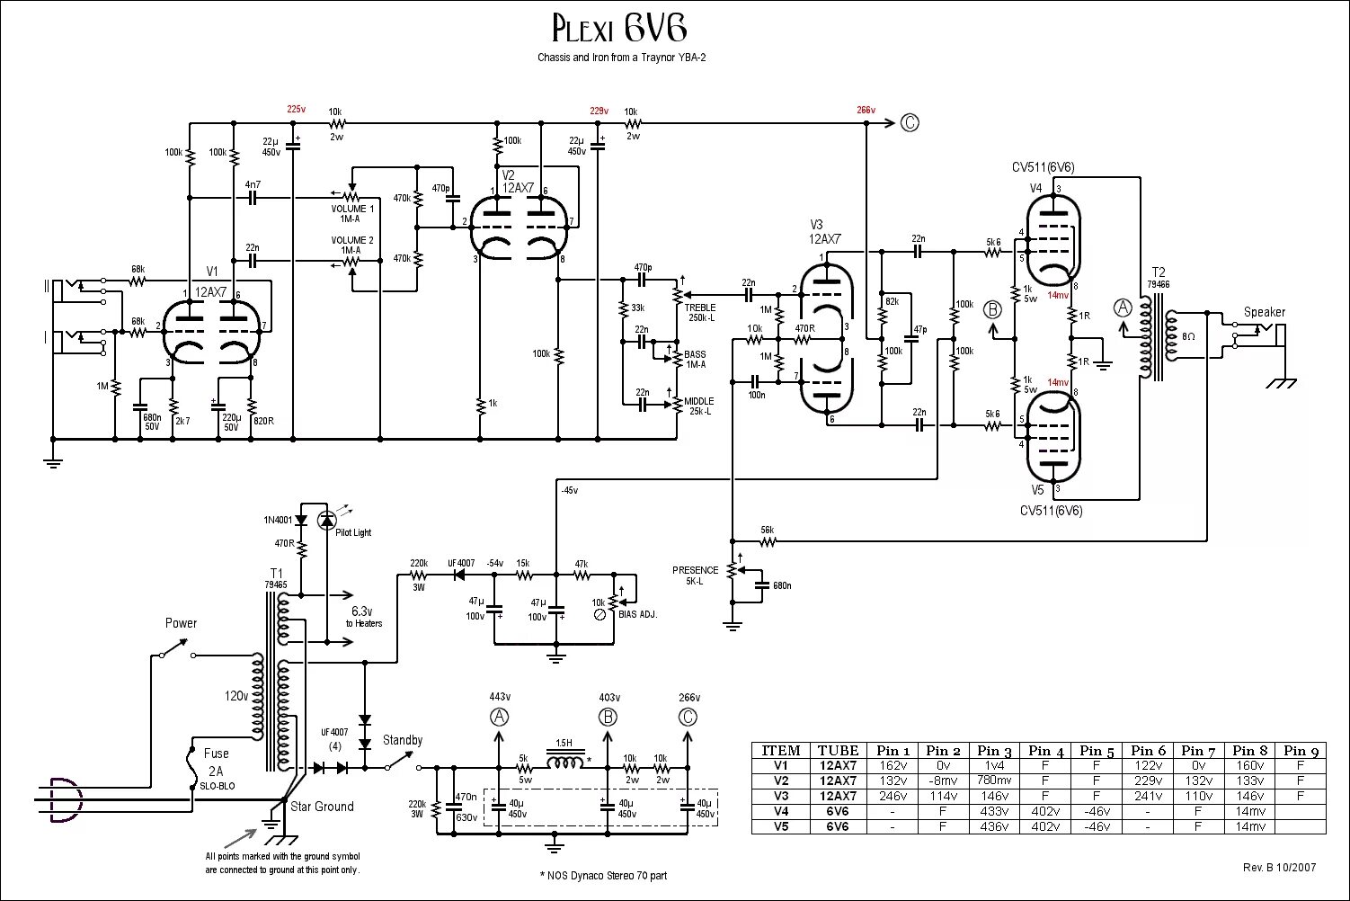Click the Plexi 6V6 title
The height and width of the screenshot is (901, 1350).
(618, 31)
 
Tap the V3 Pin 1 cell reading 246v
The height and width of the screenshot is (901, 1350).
(893, 796)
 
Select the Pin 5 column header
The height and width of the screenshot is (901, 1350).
(1097, 751)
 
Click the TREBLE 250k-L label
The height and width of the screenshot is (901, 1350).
(700, 313)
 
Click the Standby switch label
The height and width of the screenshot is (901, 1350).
(402, 740)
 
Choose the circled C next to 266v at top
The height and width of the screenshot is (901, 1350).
(910, 123)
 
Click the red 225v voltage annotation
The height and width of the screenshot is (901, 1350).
(296, 110)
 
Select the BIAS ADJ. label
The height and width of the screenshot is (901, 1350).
(638, 614)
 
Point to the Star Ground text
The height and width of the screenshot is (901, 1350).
(322, 807)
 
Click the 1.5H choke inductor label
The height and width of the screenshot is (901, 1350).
(564, 743)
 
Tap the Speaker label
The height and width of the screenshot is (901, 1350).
(1264, 312)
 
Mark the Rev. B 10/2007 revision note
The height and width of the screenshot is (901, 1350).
(1279, 868)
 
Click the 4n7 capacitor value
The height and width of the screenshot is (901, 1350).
(253, 184)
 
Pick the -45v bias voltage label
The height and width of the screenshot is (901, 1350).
(569, 490)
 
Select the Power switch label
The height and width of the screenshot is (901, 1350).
(181, 623)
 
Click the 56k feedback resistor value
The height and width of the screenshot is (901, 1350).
(767, 530)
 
